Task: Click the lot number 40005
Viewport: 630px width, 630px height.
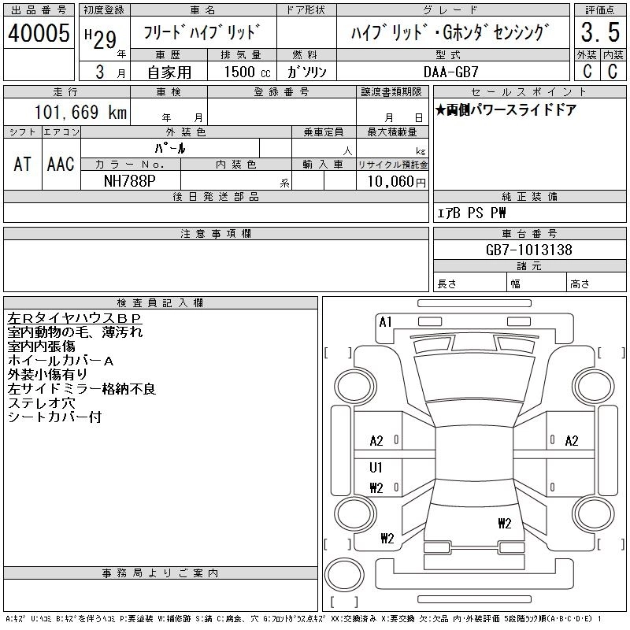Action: (39, 33)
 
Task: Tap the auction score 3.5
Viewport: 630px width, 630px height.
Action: (600, 32)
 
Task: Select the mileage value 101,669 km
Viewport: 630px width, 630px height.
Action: (80, 112)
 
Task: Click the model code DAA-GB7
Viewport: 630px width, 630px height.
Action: (450, 72)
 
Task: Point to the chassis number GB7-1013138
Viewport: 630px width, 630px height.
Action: (528, 250)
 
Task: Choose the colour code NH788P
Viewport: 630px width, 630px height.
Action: (129, 181)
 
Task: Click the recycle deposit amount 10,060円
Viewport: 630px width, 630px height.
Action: (397, 181)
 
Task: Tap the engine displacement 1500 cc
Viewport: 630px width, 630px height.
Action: (247, 72)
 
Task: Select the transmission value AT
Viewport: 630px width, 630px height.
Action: (22, 164)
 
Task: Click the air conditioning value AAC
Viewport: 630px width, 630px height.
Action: (61, 164)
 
